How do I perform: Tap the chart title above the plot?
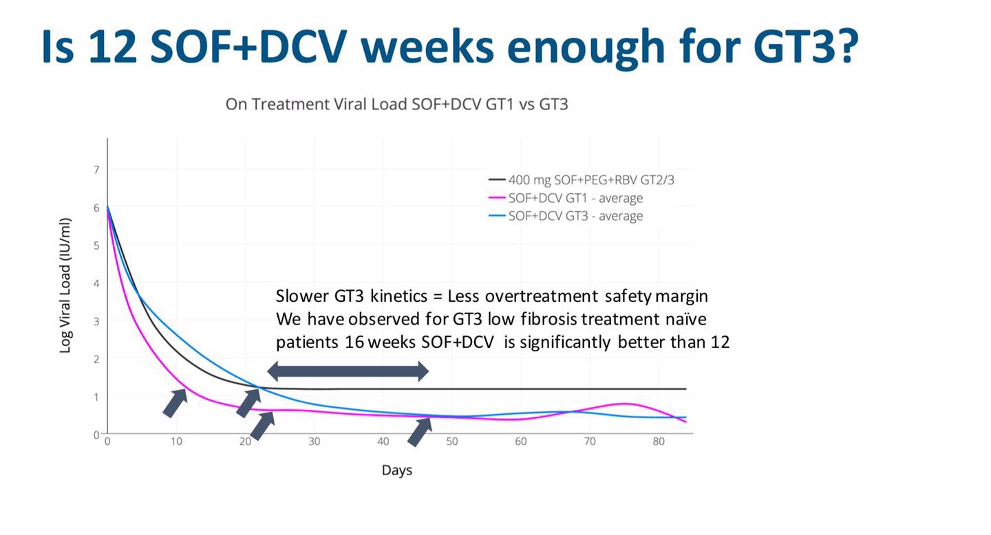[396, 105]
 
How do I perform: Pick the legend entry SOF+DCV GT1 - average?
[575, 198]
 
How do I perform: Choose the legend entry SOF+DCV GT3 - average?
[575, 216]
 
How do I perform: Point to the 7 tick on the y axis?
[96, 170]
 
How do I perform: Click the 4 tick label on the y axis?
[96, 283]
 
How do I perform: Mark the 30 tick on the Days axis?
[314, 441]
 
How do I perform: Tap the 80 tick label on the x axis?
[659, 441]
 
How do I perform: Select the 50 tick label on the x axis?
[452, 441]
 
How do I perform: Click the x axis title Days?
[397, 470]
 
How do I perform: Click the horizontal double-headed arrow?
[348, 372]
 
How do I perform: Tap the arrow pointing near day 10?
[175, 403]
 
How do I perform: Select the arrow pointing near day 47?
[419, 431]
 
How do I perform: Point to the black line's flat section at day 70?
[590, 389]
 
